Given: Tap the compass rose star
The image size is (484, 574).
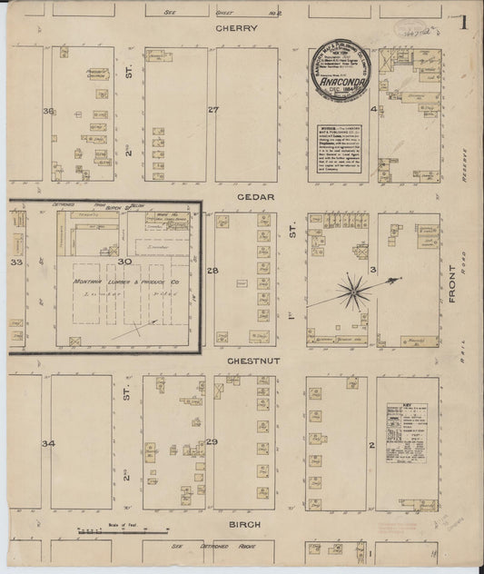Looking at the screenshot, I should pos(351,291).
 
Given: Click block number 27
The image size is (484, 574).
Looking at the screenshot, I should pos(213,110).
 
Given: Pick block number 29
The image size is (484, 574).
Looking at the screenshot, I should pos(212,441).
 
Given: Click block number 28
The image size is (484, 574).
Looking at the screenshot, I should pos(213,272).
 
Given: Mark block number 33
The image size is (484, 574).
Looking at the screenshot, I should pos(15,262).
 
